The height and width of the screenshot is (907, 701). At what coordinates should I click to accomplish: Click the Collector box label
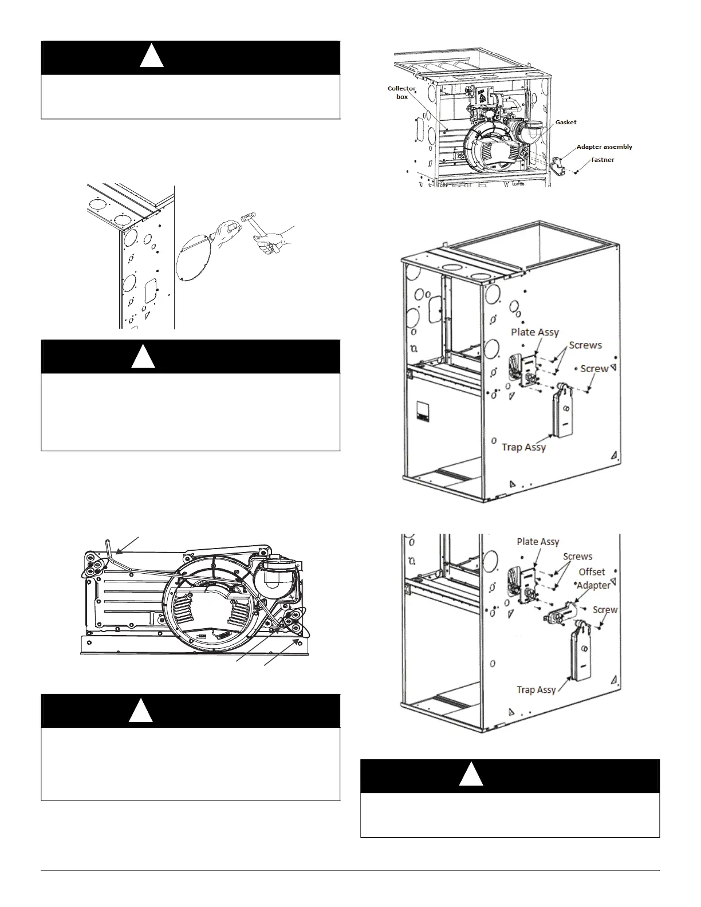pyautogui.click(x=401, y=93)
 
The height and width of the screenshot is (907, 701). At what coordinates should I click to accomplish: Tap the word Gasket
pyautogui.click(x=565, y=123)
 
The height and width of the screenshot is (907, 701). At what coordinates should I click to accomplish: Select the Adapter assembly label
pyautogui.click(x=604, y=147)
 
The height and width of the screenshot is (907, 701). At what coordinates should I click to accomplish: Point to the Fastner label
pyautogui.click(x=602, y=160)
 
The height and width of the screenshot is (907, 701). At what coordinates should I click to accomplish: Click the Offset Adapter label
pyautogui.click(x=593, y=578)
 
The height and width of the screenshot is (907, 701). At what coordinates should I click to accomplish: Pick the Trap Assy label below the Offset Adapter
pyautogui.click(x=536, y=689)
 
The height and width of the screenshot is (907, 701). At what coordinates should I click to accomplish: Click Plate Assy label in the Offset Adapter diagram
pyautogui.click(x=538, y=542)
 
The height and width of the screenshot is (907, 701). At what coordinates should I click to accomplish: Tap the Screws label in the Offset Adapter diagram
pyautogui.click(x=577, y=557)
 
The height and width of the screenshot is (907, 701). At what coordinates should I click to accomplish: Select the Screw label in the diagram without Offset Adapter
pyautogui.click(x=594, y=369)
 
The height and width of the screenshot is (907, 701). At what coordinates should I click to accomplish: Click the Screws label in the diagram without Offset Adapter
pyautogui.click(x=585, y=345)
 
